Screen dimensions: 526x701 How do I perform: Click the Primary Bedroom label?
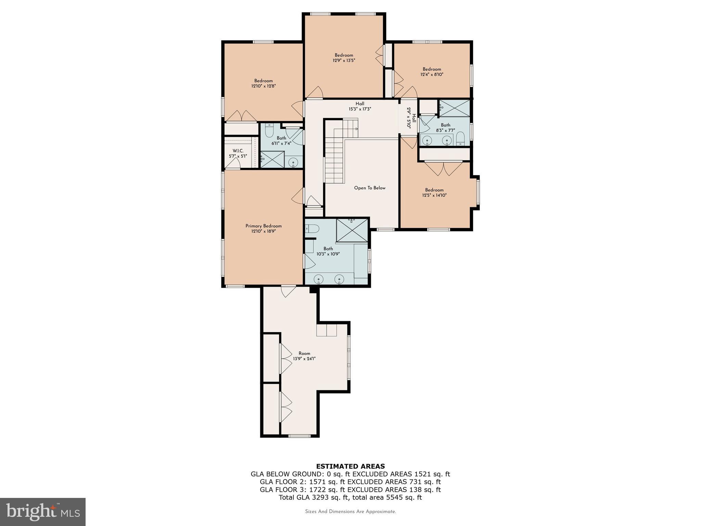[263, 226]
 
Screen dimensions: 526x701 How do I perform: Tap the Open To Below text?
[370, 188]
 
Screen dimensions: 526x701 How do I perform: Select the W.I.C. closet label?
[238, 151]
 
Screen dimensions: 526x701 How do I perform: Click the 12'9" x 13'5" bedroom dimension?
[344, 60]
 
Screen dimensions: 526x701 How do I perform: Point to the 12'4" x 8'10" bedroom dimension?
[432, 74]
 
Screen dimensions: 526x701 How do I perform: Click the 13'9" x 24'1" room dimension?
[304, 359]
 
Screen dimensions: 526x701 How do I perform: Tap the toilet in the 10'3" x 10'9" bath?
[312, 228]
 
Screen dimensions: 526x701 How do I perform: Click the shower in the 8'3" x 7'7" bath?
[455, 108]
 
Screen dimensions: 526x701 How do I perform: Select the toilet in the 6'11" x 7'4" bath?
[269, 130]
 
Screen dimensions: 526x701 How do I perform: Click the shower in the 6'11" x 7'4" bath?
[272, 160]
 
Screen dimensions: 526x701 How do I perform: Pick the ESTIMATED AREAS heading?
[350, 466]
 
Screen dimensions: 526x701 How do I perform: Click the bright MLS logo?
[43, 512]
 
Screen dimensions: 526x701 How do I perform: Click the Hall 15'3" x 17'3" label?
[360, 106]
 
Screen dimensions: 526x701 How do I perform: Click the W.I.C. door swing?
[233, 164]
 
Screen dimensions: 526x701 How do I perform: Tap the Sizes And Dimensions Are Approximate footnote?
[350, 512]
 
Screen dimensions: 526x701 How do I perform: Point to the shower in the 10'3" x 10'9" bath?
[352, 230]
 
